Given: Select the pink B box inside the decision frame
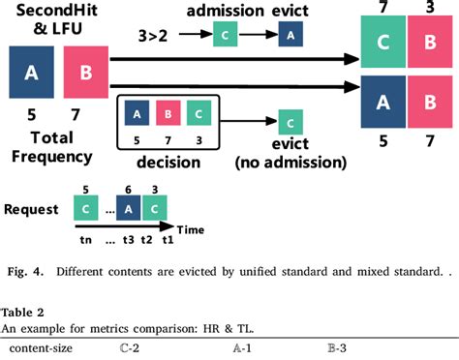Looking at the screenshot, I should pyautogui.click(x=168, y=113).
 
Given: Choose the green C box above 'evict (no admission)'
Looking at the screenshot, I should pyautogui.click(x=290, y=124).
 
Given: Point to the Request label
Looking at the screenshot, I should pyautogui.click(x=28, y=209).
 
